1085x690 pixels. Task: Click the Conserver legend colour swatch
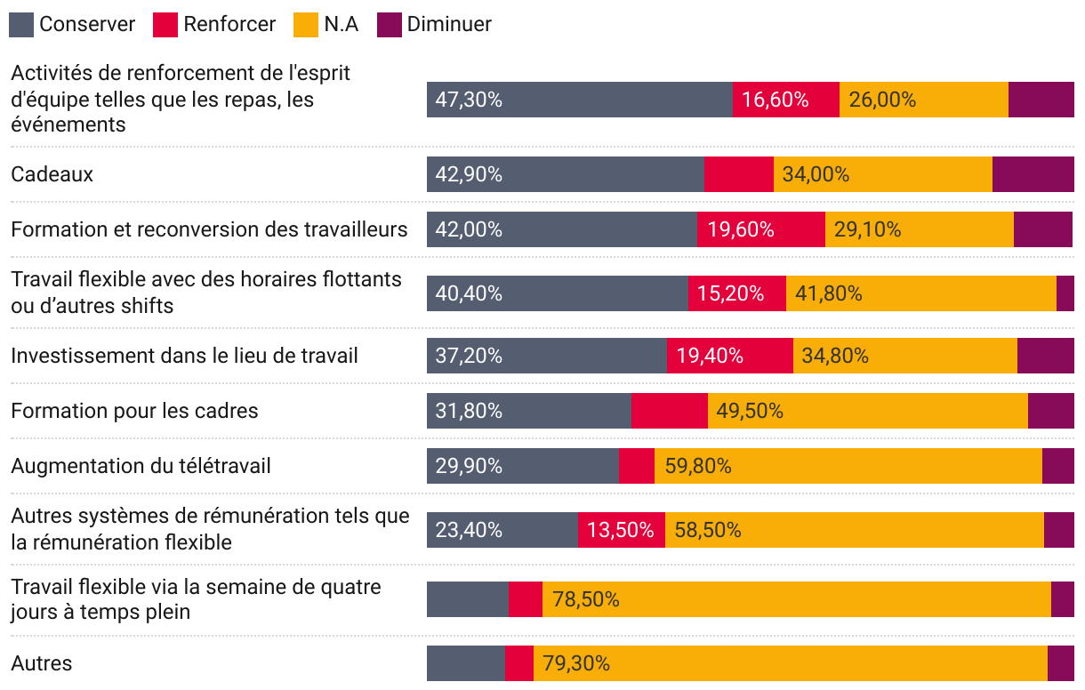coord(21,25)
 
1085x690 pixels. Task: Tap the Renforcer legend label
coord(229,25)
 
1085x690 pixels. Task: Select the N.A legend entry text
coord(342,25)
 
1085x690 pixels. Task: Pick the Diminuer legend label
coord(449,25)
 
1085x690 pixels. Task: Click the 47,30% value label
coord(469,100)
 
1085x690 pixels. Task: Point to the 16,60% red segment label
coord(776,100)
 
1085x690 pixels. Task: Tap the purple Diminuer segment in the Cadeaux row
coord(1033,174)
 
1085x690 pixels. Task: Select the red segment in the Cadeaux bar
coord(738,174)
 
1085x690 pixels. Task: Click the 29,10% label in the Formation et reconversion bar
coord(867,229)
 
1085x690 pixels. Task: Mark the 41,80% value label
coord(828,293)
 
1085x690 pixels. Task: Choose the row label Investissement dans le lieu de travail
coord(184,356)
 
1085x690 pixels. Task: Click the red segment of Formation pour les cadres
coord(669,411)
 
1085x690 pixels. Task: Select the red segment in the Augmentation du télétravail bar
coord(636,466)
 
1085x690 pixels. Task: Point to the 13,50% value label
coord(621,530)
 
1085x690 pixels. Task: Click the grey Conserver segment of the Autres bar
coord(465,663)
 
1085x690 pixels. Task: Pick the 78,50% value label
coord(586,599)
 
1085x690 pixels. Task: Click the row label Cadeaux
coord(52,174)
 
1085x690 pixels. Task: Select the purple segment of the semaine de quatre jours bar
coord(1062,599)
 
